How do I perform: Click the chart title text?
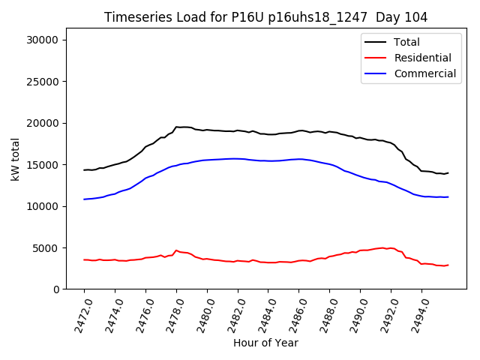point(261,17)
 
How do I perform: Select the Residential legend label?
point(422,58)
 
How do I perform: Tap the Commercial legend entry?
point(424,73)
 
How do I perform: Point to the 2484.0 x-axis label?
point(262,313)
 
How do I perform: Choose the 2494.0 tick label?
point(415,313)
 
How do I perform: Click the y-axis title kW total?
point(15,159)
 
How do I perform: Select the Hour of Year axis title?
point(265,343)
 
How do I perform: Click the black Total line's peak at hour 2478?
point(177,127)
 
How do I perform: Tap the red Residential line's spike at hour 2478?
point(176,250)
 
